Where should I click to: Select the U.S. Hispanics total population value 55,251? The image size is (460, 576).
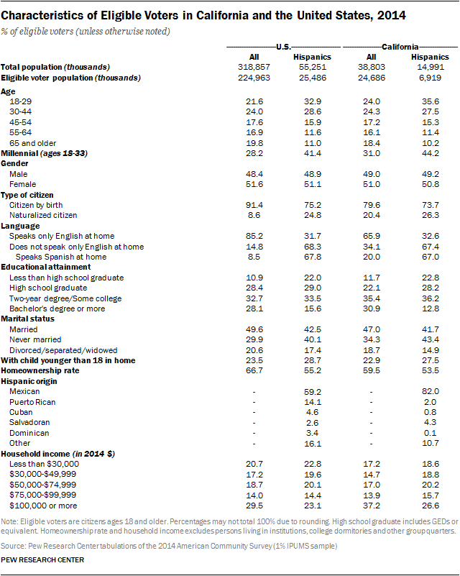[310, 66]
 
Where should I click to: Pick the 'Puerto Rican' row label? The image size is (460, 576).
[32, 402]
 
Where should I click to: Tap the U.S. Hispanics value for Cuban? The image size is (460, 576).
[310, 412]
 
